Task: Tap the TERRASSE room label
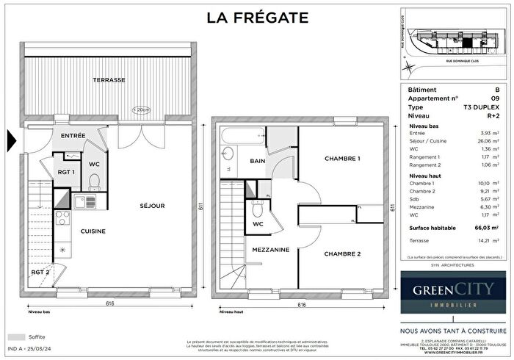[x=109, y=79]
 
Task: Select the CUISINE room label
[x=93, y=231]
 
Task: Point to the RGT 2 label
[x=40, y=273]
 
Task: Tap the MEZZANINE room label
[x=269, y=250]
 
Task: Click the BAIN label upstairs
[x=257, y=161]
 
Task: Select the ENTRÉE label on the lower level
[x=73, y=136]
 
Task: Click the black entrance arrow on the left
[x=11, y=139]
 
